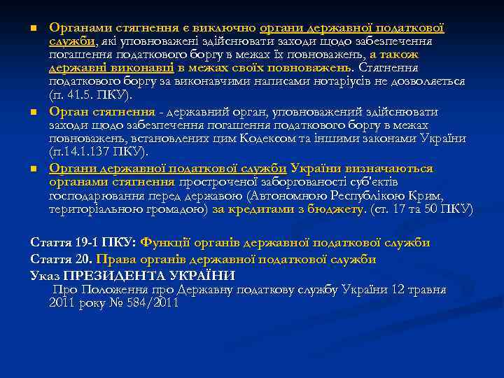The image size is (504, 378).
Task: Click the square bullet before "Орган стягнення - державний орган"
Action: tap(33, 113)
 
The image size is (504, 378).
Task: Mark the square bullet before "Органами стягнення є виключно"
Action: tap(33, 29)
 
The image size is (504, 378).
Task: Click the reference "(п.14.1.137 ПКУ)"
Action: tap(98, 152)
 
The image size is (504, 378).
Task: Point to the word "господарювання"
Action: tap(98, 195)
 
